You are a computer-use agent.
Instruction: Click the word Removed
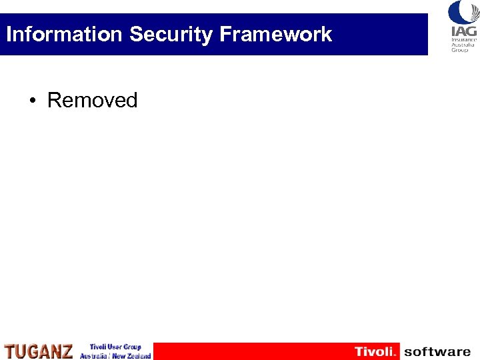click(92, 101)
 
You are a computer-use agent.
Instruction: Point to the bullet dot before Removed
click(32, 101)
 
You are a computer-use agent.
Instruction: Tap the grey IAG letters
click(463, 32)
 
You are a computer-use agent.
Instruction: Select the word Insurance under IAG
click(463, 41)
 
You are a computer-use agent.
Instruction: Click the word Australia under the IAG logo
click(463, 45)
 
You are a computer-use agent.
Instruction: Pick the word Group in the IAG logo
click(460, 50)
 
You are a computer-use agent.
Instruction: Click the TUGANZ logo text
click(39, 351)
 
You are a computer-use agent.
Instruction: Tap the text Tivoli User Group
click(116, 347)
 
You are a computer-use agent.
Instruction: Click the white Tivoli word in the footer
click(375, 351)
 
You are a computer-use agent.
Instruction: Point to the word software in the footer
click(437, 351)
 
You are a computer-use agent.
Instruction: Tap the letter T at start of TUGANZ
click(9, 351)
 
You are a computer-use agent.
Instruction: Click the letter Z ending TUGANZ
click(67, 351)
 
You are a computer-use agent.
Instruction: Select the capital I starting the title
click(9, 34)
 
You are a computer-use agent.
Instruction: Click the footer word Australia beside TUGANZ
click(93, 356)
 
